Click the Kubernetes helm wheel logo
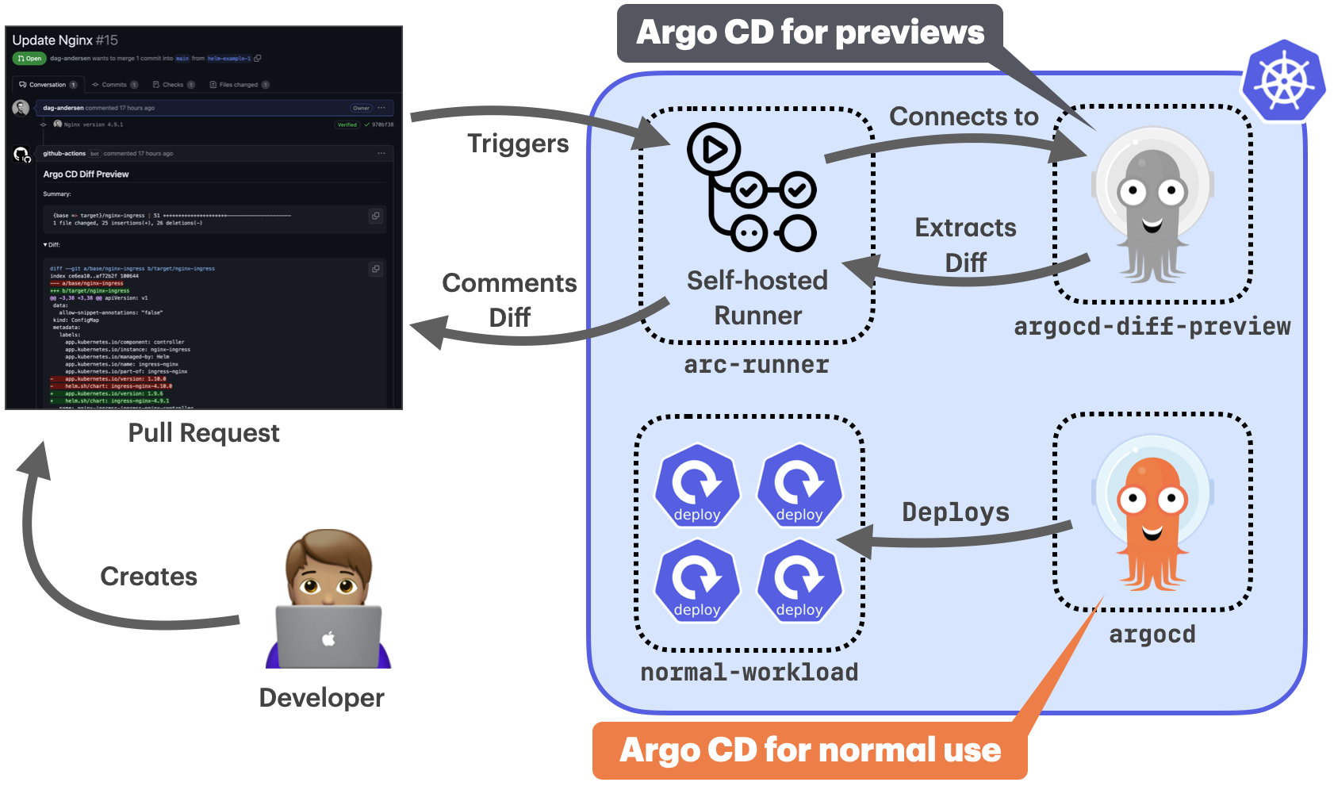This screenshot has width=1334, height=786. click(x=1284, y=82)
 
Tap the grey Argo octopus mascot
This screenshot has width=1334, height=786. click(x=1152, y=206)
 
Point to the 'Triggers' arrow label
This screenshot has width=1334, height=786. click(x=518, y=144)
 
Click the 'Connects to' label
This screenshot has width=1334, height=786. click(x=964, y=117)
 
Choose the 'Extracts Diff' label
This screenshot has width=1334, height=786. click(x=965, y=244)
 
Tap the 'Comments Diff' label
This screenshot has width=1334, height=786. click(x=509, y=300)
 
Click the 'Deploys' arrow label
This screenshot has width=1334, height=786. click(x=956, y=512)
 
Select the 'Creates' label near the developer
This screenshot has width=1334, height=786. click(x=148, y=577)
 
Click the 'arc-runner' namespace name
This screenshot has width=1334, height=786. click(x=756, y=365)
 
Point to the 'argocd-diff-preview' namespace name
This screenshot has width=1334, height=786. click(x=1152, y=327)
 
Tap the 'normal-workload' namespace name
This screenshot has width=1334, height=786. click(x=749, y=673)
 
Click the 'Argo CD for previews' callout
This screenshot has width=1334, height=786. click(x=810, y=33)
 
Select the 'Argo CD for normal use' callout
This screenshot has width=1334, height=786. click(x=810, y=750)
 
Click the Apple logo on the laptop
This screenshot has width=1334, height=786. click(x=328, y=638)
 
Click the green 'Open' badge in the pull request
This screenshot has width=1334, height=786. click(x=29, y=59)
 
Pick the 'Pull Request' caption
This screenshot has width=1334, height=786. click(x=204, y=433)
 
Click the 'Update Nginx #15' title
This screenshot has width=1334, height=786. click(x=65, y=40)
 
